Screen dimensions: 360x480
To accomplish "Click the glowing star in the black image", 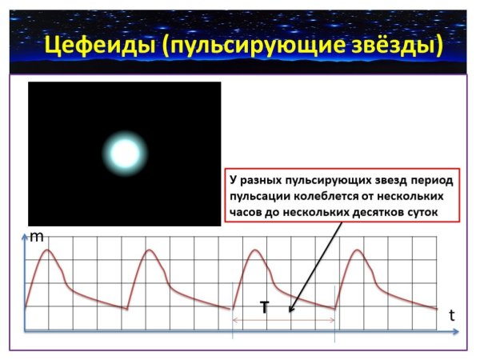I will [x=125, y=153].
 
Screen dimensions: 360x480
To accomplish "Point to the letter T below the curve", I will [x=264, y=306].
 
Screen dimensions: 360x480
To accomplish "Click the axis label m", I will [x=37, y=237].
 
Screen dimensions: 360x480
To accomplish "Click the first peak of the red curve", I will [x=48, y=250].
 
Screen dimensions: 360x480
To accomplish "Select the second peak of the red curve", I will [x=150, y=250].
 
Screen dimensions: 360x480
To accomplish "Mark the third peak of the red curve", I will [x=254, y=250].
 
